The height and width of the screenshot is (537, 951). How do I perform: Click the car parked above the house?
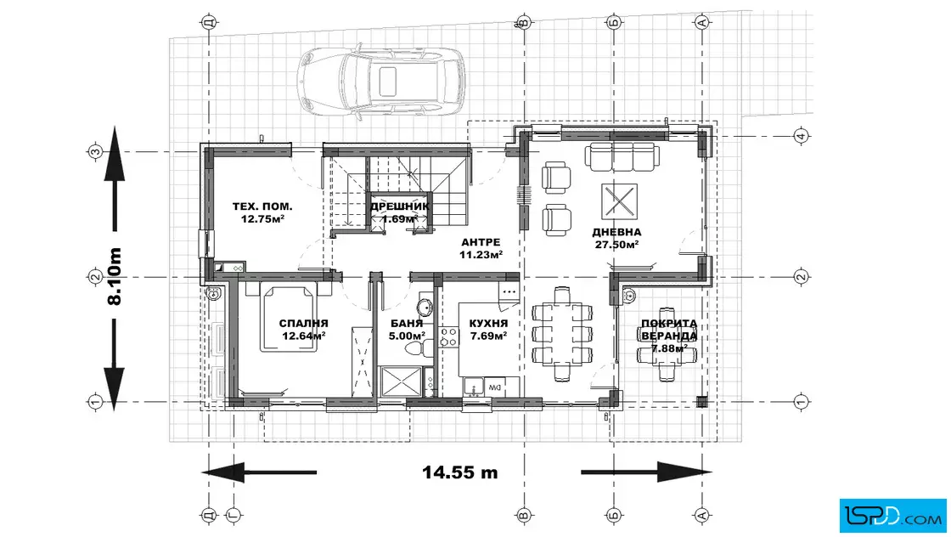click(380, 82)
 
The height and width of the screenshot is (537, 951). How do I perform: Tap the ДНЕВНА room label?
click(616, 232)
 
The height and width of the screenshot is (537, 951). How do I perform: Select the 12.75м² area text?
click(262, 219)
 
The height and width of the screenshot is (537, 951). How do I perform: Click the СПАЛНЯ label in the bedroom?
click(303, 324)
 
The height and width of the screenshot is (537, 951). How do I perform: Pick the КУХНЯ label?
click(488, 324)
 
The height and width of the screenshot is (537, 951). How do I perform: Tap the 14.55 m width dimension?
click(459, 472)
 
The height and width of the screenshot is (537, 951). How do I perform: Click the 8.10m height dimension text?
click(115, 276)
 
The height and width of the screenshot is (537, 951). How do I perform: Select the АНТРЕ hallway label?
click(481, 242)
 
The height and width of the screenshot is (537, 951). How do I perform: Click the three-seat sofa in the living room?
click(620, 156)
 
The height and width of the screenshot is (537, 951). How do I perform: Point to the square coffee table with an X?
click(619, 201)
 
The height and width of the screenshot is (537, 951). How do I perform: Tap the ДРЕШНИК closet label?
click(400, 206)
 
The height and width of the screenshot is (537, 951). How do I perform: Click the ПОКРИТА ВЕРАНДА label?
click(669, 330)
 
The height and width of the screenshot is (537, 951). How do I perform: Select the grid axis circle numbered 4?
click(802, 136)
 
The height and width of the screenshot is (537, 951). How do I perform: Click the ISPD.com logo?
click(892, 516)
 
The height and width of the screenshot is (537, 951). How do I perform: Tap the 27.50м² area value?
click(616, 246)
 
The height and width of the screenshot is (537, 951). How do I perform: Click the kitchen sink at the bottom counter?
click(472, 387)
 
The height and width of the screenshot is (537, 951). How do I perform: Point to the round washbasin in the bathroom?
click(425, 307)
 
